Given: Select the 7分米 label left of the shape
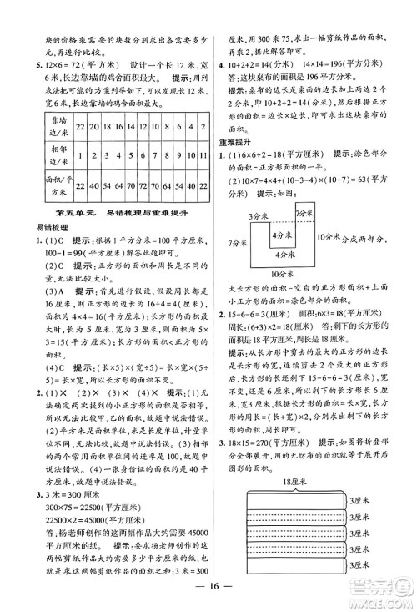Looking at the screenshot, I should [236, 265].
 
